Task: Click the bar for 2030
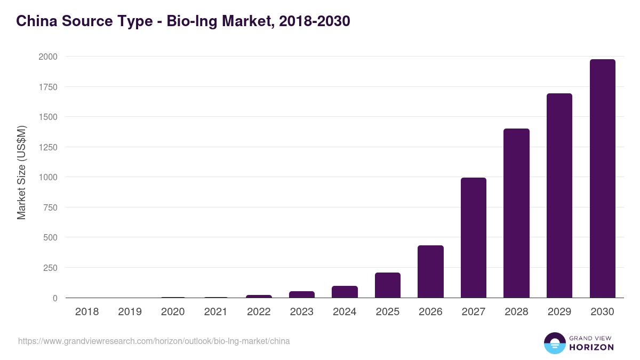(x=602, y=179)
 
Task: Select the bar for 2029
(x=559, y=196)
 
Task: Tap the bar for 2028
(x=516, y=213)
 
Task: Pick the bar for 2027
(x=474, y=238)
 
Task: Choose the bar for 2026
(x=430, y=271)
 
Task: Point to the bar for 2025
(x=388, y=285)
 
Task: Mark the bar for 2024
(x=345, y=292)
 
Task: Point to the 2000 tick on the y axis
(x=47, y=57)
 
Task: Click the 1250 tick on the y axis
(x=47, y=147)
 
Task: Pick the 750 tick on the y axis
(x=50, y=207)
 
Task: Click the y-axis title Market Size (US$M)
(x=21, y=173)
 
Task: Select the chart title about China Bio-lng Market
(x=183, y=21)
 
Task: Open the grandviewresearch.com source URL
(x=154, y=341)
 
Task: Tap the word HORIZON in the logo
(x=591, y=347)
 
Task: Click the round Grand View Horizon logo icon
(x=554, y=343)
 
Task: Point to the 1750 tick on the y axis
(x=47, y=87)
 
